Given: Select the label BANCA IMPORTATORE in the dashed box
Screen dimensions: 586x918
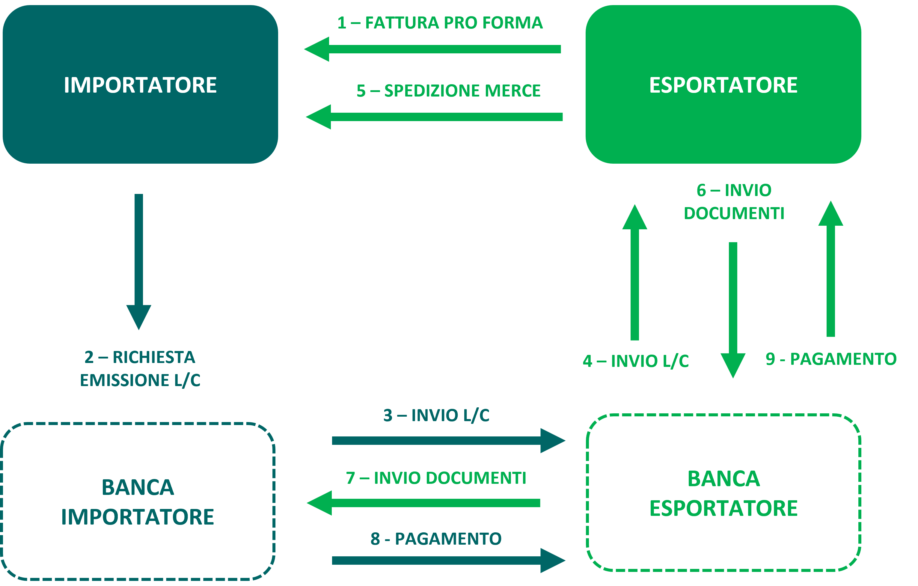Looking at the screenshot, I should [138, 502].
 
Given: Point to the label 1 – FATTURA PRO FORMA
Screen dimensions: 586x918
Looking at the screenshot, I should [440, 23].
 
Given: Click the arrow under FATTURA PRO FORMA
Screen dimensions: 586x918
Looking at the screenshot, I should [432, 49].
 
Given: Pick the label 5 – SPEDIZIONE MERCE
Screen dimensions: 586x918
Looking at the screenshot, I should [448, 91].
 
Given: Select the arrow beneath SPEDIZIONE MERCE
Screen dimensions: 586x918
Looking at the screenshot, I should [434, 117].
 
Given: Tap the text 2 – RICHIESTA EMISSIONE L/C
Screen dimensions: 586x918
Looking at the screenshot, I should [140, 369].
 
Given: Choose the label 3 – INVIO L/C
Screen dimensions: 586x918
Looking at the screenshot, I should [436, 415].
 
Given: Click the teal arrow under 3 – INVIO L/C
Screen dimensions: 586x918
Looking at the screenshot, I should [448, 441].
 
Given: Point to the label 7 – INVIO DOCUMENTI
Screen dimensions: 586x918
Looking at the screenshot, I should [436, 478].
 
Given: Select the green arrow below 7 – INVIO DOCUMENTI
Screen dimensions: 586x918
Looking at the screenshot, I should [423, 503].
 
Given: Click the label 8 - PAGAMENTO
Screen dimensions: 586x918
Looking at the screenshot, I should [436, 539].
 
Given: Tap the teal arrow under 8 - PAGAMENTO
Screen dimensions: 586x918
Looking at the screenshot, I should [448, 561].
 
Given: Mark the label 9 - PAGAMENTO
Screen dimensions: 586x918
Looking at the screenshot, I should [831, 359].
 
